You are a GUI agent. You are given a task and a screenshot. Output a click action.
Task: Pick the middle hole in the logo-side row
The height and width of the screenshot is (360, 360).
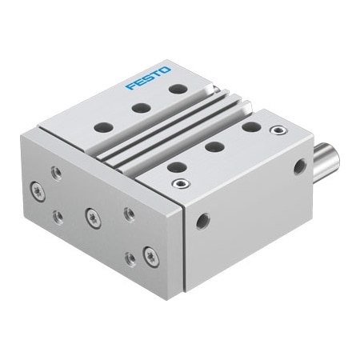click(x=139, y=108)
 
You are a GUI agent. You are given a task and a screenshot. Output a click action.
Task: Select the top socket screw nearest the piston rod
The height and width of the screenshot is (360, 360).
click(x=277, y=129)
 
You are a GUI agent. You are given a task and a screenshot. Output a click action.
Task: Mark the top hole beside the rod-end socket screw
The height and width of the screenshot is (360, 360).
click(x=250, y=126)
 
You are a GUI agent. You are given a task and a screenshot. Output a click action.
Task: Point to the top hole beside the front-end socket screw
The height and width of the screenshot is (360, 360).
click(x=174, y=166)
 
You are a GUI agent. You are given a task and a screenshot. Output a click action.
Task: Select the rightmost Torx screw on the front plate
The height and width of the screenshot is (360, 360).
click(x=149, y=255)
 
